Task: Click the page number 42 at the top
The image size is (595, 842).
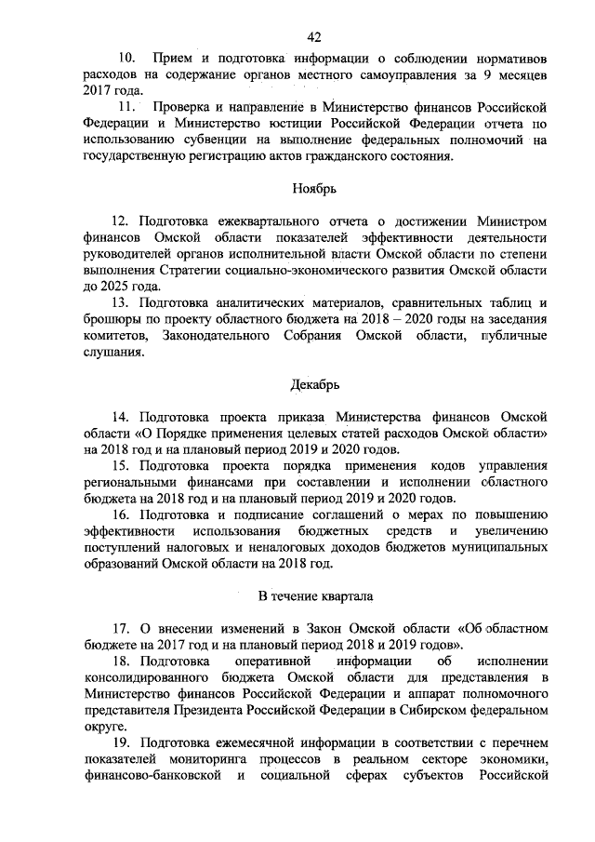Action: point(313,36)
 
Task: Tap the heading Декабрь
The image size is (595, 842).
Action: point(313,383)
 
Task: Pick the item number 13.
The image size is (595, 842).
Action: point(121,302)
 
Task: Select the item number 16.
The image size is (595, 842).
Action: point(121,515)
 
